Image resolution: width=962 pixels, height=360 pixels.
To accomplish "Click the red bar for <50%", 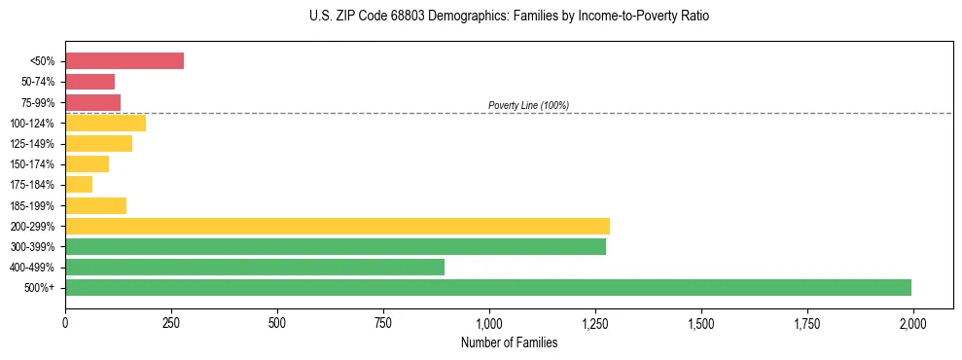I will [125, 61].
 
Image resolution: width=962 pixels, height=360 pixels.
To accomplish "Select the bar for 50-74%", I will [89, 82].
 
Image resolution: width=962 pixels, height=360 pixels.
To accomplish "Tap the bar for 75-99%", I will [92, 102].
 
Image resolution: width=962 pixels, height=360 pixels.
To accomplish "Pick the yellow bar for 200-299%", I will [338, 226].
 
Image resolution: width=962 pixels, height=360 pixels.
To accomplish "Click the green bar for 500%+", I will [488, 287].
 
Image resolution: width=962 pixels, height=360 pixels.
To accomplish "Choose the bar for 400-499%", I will [255, 267].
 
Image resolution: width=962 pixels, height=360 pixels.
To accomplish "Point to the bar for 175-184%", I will [79, 184].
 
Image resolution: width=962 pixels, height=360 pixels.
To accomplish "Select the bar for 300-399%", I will [336, 246].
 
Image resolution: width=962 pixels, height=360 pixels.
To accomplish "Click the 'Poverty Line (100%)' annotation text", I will [528, 105].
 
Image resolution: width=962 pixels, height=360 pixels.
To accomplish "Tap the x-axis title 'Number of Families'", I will [509, 342].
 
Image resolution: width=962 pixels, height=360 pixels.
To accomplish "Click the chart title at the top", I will [510, 17].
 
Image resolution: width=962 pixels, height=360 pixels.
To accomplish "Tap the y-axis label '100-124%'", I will [32, 124].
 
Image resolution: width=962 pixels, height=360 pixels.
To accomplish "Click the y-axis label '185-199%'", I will [32, 205].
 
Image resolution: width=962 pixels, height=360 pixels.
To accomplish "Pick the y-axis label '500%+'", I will [39, 288].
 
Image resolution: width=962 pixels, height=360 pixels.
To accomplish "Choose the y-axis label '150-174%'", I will [32, 164].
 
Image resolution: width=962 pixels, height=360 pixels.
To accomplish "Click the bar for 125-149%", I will [98, 143].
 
